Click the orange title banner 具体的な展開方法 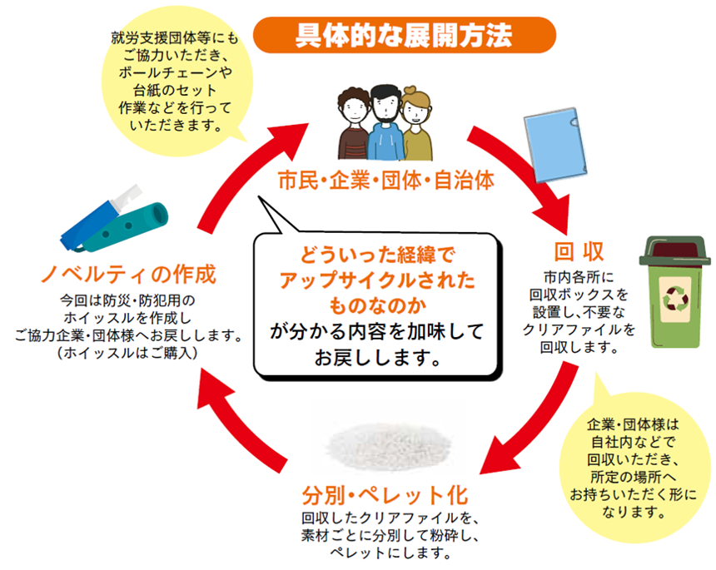pyautogui.click(x=404, y=35)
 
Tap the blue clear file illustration pyautogui.click(x=554, y=145)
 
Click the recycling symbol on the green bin pyautogui.click(x=675, y=299)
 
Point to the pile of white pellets pyautogui.click(x=390, y=444)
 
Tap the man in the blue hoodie pyautogui.click(x=385, y=123)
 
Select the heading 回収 pyautogui.click(x=579, y=251)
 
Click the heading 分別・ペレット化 pyautogui.click(x=385, y=495)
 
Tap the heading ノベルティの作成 pyautogui.click(x=128, y=274)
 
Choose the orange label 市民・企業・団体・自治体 pyautogui.click(x=386, y=181)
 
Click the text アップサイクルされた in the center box pyautogui.click(x=377, y=280)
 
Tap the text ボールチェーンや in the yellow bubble pyautogui.click(x=176, y=72)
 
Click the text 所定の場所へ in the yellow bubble pyautogui.click(x=633, y=477)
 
